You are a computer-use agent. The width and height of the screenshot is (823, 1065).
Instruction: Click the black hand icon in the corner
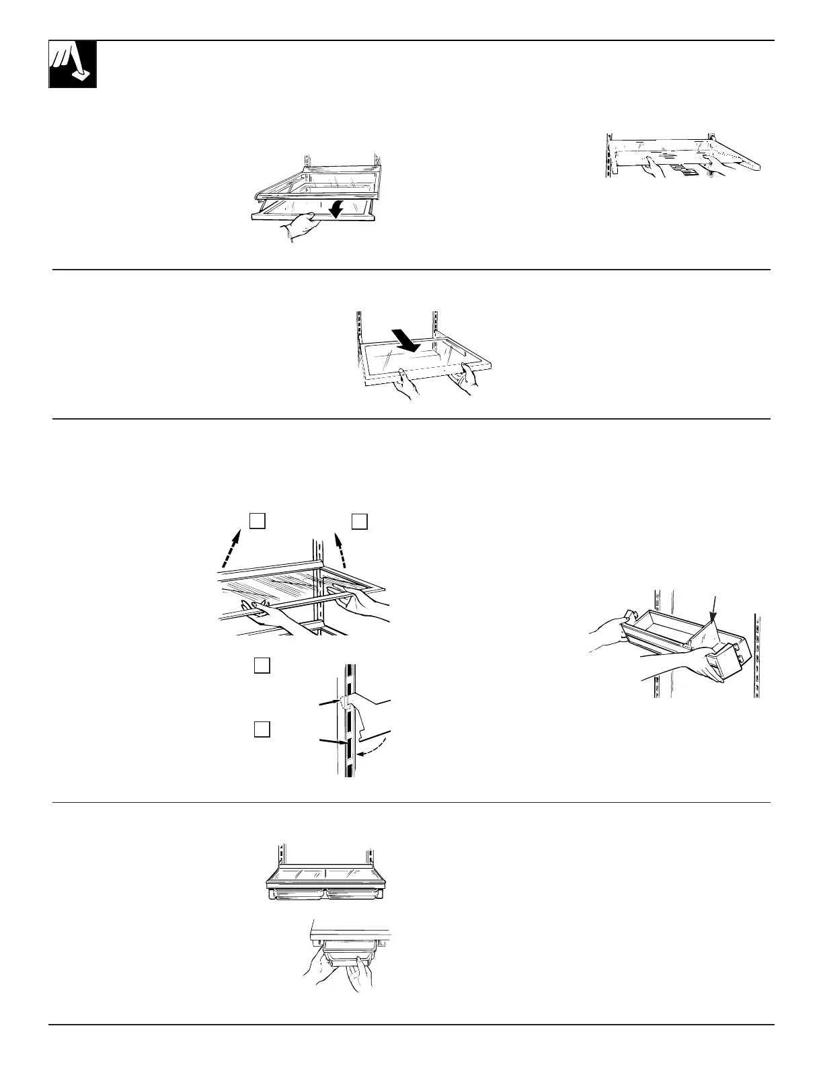coord(73,64)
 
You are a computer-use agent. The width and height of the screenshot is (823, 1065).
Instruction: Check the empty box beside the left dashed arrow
coord(258,521)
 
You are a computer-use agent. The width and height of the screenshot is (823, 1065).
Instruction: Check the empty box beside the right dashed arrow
coord(360,521)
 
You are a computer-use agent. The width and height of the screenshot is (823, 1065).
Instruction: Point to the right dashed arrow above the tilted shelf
coord(341,549)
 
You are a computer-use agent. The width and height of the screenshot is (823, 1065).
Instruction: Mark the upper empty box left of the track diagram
coord(262,666)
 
